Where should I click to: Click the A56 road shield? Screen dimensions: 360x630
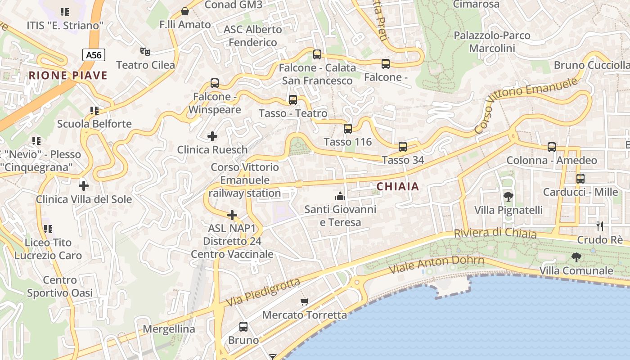94,55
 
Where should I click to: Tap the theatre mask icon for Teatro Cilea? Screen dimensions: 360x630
145,52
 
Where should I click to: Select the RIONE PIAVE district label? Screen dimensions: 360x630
68,75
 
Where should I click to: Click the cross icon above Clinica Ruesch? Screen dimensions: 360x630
212,136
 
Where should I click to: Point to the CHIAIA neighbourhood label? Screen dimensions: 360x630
397,186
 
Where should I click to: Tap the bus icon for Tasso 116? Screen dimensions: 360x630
348,129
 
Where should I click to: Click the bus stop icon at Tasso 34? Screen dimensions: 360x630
403,147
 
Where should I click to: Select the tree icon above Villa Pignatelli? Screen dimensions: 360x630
508,197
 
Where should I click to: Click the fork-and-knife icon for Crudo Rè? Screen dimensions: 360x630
599,226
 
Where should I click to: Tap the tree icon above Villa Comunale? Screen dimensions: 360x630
576,257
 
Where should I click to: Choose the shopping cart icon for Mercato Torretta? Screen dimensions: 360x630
305,301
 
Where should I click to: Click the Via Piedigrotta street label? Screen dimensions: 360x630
263,292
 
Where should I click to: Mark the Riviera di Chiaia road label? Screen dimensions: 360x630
495,234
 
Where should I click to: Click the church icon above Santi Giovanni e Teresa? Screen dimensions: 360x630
340,196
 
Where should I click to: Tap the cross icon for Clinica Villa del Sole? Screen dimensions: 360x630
84,185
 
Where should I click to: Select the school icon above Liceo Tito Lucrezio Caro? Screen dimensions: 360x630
48,229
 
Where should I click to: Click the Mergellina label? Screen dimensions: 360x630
169,329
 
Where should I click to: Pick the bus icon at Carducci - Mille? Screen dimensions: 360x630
580,179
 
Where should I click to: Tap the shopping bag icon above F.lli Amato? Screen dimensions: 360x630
184,11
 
